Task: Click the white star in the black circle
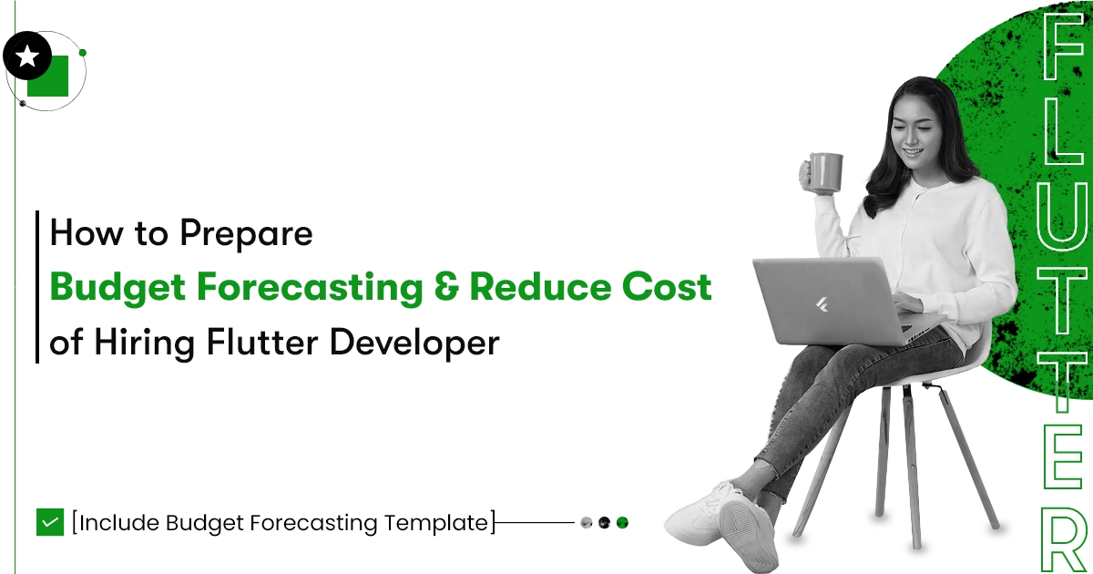click(27, 56)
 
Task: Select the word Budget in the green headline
click(117, 288)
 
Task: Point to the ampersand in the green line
click(446, 286)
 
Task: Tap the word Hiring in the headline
click(145, 343)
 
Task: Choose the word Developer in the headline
click(414, 344)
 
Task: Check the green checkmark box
click(50, 522)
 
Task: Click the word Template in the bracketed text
click(436, 523)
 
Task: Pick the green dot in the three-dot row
click(622, 523)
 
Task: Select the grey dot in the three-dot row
click(587, 523)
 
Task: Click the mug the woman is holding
click(825, 173)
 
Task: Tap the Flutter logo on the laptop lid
click(822, 304)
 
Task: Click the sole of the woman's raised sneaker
click(748, 535)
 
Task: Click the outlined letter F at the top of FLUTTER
click(1062, 46)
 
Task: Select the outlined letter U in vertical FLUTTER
click(1064, 214)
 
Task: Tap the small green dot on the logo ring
click(83, 53)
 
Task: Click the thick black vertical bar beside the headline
click(37, 287)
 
